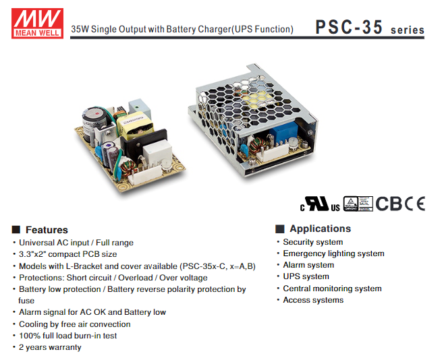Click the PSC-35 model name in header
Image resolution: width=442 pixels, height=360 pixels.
pos(348,28)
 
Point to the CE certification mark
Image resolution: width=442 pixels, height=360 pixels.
pos(414,203)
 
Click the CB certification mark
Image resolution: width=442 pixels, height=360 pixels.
pos(389,203)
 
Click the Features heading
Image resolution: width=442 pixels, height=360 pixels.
pos(47,229)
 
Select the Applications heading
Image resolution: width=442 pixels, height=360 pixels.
pos(320,229)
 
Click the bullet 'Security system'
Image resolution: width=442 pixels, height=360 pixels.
pos(312,242)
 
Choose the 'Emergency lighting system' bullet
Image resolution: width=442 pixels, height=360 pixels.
pos(333,253)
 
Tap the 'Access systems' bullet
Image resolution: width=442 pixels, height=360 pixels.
pos(313,300)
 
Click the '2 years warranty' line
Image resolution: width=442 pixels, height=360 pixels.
pos(50,347)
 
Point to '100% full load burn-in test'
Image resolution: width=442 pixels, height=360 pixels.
pos(67,336)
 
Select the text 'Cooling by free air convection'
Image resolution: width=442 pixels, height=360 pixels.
pos(74,324)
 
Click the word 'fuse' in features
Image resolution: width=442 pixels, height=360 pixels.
pos(26,301)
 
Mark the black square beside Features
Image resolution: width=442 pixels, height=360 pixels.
pos(16,230)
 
